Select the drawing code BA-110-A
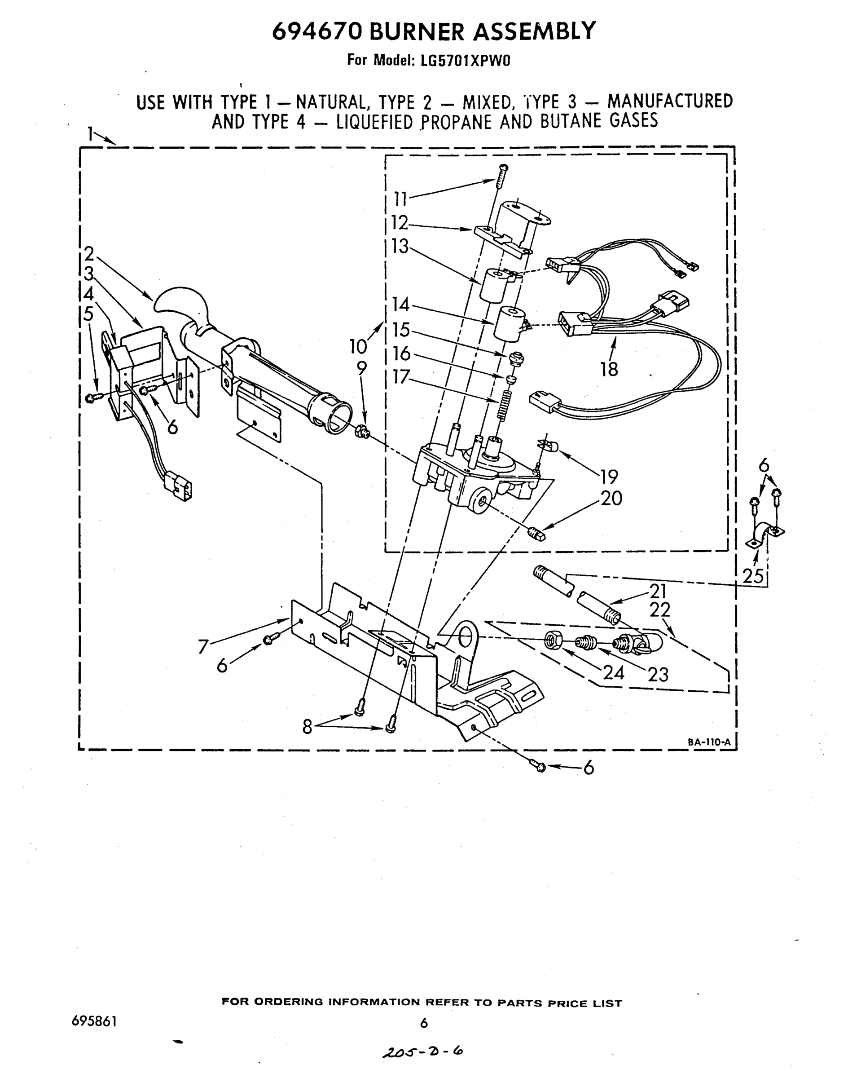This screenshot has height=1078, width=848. (x=709, y=742)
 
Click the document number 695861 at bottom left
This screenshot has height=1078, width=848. (x=94, y=1021)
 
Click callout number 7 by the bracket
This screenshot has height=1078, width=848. (x=202, y=646)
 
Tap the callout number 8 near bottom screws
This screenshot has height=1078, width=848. (x=308, y=727)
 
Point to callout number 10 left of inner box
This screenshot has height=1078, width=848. (x=357, y=346)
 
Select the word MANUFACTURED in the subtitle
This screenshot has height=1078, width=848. (x=670, y=101)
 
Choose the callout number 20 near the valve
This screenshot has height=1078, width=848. (x=611, y=498)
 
